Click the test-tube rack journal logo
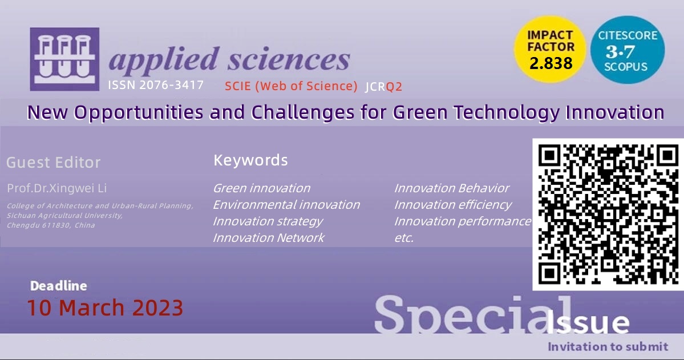pyautogui.click(x=64, y=59)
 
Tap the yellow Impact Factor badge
pyautogui.click(x=549, y=49)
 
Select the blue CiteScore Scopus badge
pyautogui.click(x=628, y=50)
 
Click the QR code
pyautogui.click(x=608, y=215)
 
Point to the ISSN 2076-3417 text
pyautogui.click(x=156, y=84)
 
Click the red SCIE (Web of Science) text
pyautogui.click(x=291, y=86)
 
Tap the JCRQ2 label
pyautogui.click(x=383, y=86)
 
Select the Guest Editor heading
pyautogui.click(x=53, y=163)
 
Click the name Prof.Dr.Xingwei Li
pyautogui.click(x=56, y=188)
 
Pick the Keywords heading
pyautogui.click(x=250, y=160)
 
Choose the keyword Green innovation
pyautogui.click(x=261, y=188)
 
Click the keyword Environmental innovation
pyautogui.click(x=286, y=205)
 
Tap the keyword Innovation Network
pyautogui.click(x=268, y=238)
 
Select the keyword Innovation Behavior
pyautogui.click(x=451, y=188)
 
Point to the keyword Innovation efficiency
pyautogui.click(x=453, y=205)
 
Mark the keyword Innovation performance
pyautogui.click(x=463, y=222)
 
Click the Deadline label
pyautogui.click(x=58, y=286)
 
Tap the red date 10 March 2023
pyautogui.click(x=105, y=308)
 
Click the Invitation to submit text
pyautogui.click(x=608, y=347)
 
